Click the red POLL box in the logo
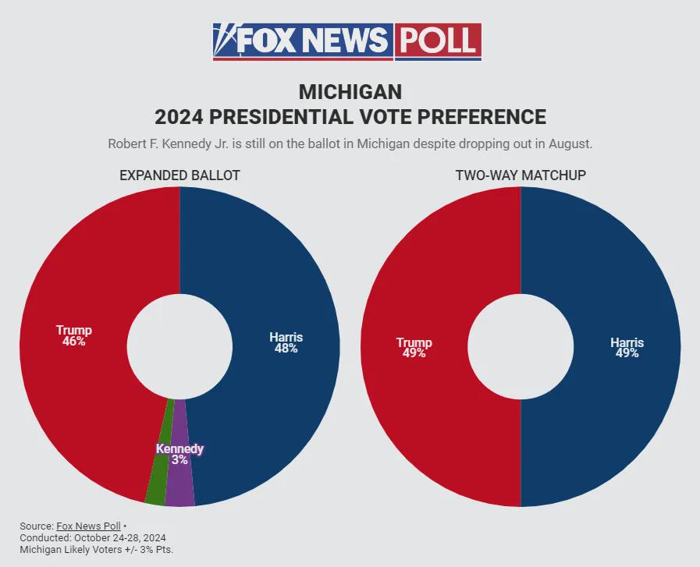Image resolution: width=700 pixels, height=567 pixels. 438,40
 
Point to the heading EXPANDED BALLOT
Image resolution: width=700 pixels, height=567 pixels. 179,175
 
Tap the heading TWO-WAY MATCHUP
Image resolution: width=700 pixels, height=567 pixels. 521,175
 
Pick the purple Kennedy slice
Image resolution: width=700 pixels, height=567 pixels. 180,484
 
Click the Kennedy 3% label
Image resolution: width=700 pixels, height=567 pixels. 179,455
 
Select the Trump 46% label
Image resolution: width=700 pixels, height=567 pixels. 73,336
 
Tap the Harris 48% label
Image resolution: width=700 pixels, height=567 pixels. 286,343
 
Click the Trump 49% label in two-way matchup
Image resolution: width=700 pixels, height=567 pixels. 414,348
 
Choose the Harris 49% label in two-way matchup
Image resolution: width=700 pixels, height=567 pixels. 627,348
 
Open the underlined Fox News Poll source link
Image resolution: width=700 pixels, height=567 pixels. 88,526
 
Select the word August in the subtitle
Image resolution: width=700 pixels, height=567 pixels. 570,144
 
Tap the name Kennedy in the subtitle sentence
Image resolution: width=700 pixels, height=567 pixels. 181,144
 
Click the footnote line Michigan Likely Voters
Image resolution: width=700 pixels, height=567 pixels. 96,550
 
